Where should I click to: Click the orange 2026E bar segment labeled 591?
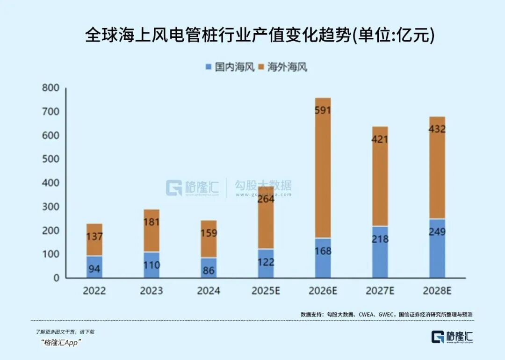click(x=323, y=168)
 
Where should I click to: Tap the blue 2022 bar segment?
click(x=94, y=267)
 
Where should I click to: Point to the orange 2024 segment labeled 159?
click(x=209, y=239)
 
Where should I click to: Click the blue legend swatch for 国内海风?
click(x=209, y=67)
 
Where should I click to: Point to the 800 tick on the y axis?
click(x=50, y=88)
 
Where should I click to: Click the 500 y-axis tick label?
click(x=50, y=159)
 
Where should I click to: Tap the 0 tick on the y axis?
click(x=56, y=278)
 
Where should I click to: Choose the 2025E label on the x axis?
click(x=266, y=291)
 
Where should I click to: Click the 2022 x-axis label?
click(x=94, y=291)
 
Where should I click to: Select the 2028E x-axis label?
click(x=437, y=291)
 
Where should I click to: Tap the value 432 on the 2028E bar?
click(x=437, y=130)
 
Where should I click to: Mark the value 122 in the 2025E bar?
click(x=266, y=262)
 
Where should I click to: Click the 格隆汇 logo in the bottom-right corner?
click(x=452, y=337)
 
